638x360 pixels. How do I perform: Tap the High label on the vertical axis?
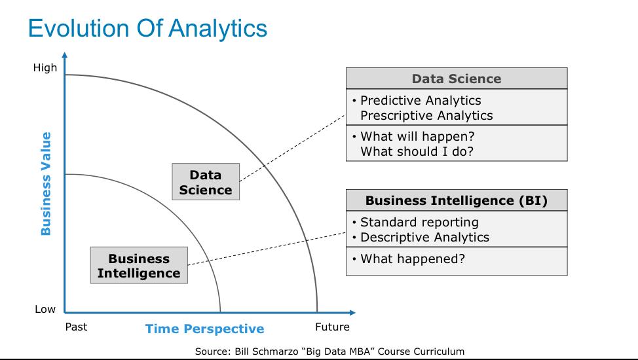[x=45, y=67]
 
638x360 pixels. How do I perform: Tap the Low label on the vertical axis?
[x=45, y=310]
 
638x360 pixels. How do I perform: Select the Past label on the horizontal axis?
[x=76, y=327]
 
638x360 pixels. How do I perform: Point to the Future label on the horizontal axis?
[x=332, y=327]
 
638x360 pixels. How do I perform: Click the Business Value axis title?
[x=46, y=183]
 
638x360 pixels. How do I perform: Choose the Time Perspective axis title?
[x=204, y=329]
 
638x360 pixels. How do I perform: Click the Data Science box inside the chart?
[x=206, y=183]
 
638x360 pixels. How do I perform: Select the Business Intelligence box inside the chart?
[x=139, y=266]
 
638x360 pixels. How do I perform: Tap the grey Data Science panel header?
[x=456, y=79]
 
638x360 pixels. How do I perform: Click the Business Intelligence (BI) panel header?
[x=456, y=200]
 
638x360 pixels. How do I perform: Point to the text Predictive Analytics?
[x=421, y=101]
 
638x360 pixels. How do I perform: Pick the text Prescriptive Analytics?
[x=426, y=115]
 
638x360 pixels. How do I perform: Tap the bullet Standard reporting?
[x=419, y=222]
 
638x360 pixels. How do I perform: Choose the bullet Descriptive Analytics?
[x=424, y=237]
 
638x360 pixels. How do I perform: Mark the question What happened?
[x=413, y=259]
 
